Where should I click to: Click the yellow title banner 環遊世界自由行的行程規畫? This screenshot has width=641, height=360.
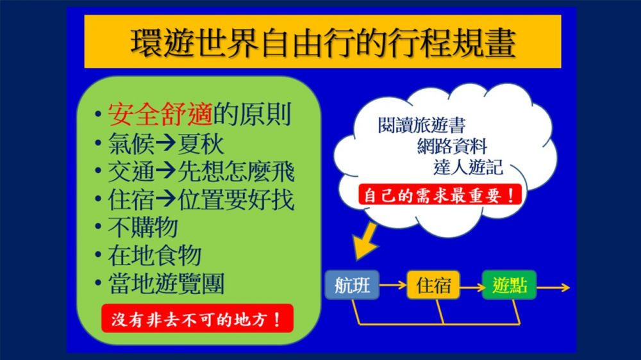[x=322, y=41]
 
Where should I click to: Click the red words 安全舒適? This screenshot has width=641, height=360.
[x=160, y=115]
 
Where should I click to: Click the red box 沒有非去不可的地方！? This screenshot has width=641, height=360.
[x=197, y=318]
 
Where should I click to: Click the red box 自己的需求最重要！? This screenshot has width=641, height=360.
[x=440, y=195]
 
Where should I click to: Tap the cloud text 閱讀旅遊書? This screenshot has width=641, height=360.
[x=422, y=125]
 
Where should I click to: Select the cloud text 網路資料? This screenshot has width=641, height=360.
[x=452, y=146]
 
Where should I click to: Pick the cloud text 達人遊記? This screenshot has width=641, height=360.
[x=468, y=167]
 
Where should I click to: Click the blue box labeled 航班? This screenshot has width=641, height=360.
[x=352, y=285]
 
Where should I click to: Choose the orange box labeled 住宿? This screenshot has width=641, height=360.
[x=433, y=285]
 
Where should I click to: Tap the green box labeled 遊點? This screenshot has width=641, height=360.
[x=510, y=285]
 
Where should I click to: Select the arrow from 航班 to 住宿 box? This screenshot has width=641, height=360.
[x=393, y=285]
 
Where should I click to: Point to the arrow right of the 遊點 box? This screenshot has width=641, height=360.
[x=553, y=288]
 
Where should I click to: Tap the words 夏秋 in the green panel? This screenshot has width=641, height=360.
[x=201, y=143]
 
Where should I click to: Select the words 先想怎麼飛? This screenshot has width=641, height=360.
[x=236, y=172]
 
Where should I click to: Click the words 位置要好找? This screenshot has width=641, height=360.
[x=236, y=199]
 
